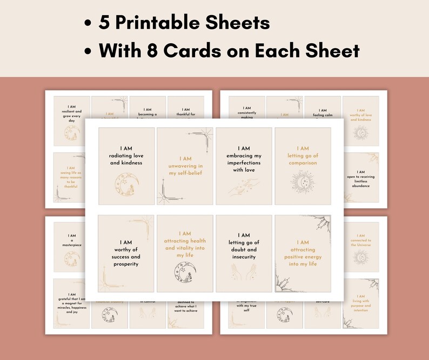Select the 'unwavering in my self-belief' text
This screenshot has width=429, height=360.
click(185, 162)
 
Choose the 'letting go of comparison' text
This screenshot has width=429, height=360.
click(303, 155)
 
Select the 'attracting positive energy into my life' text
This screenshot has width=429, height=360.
click(303, 253)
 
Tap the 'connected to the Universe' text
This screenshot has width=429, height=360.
click(360, 241)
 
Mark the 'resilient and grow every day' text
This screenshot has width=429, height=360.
click(71, 114)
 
